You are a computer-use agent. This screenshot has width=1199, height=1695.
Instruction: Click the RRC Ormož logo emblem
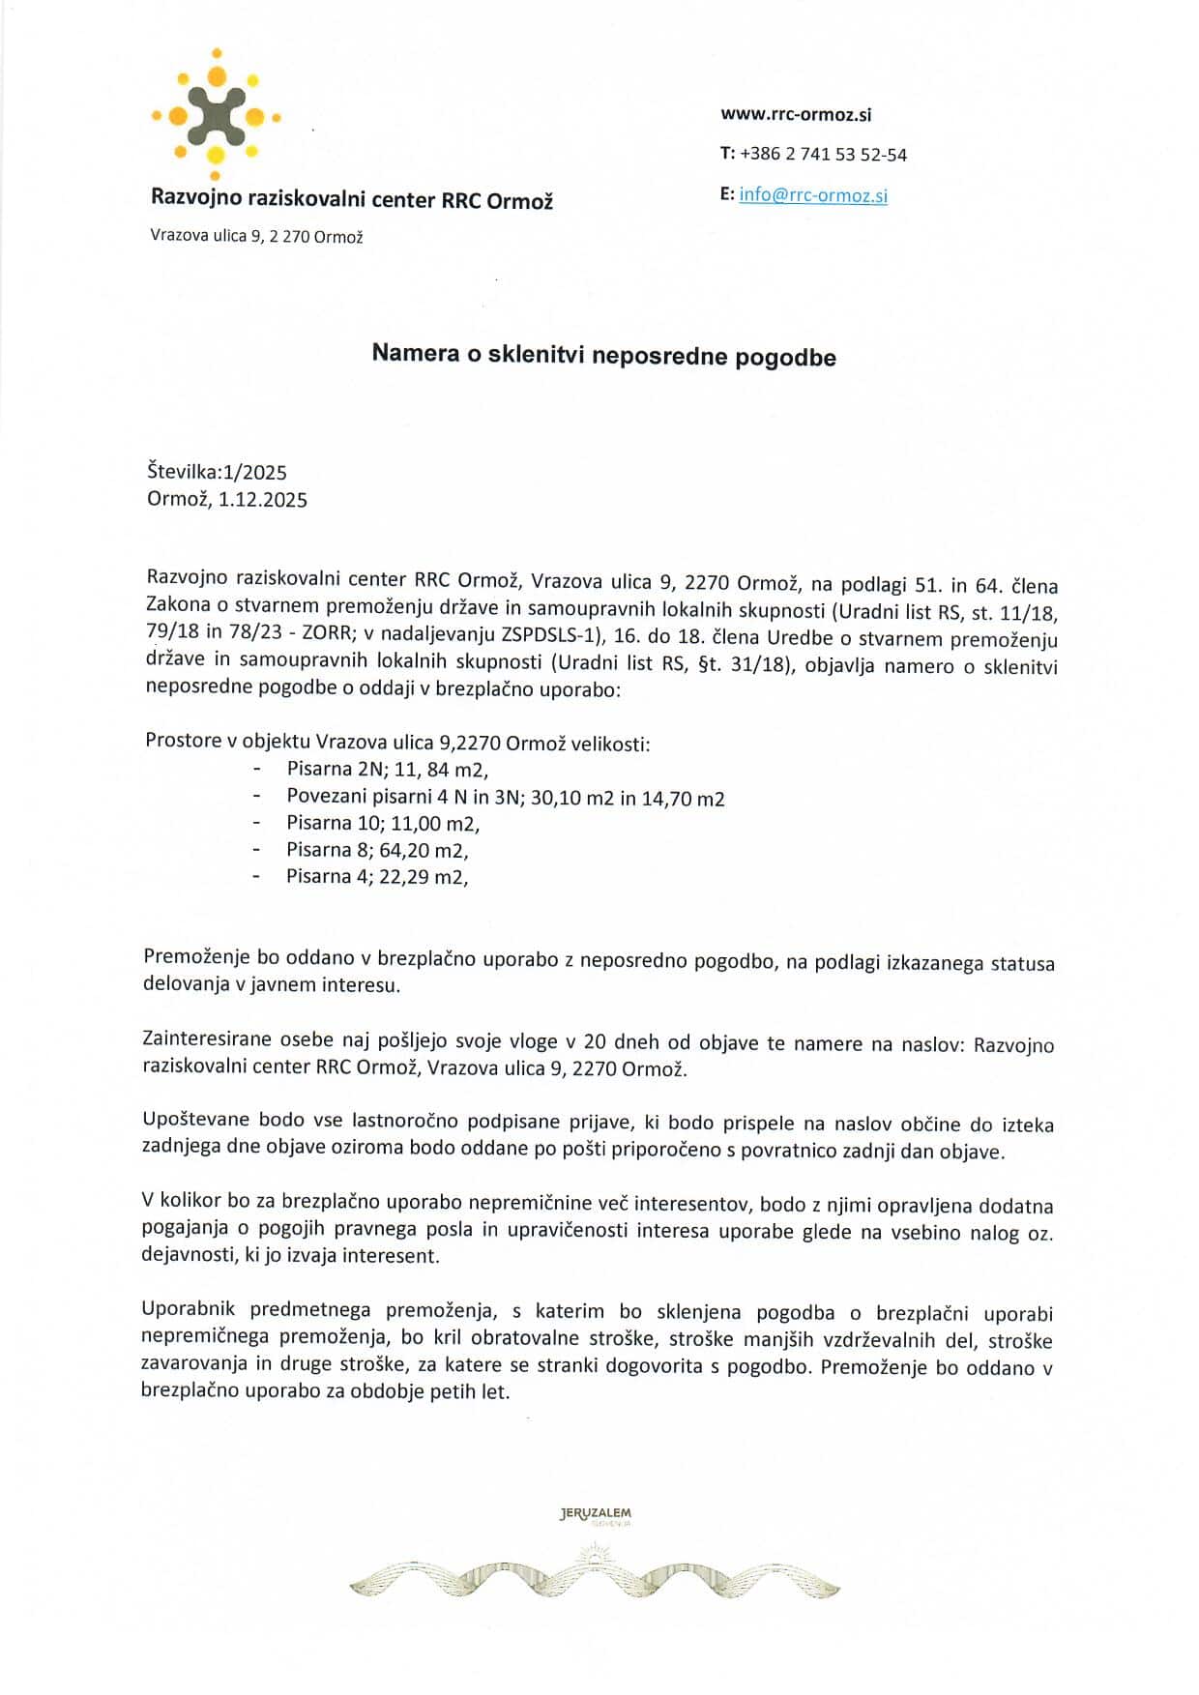click(216, 115)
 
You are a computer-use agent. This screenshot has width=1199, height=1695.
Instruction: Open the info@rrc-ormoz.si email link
click(813, 195)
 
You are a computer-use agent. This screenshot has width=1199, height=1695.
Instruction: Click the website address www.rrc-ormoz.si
click(796, 114)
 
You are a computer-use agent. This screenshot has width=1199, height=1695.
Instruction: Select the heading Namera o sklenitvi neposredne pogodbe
click(603, 355)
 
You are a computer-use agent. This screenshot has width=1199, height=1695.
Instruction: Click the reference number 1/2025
click(254, 472)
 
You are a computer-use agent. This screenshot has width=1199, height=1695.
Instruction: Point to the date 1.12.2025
click(263, 499)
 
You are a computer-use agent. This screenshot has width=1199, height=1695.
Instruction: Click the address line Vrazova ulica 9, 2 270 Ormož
click(256, 236)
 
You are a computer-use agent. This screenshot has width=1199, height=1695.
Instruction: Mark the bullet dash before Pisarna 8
click(256, 851)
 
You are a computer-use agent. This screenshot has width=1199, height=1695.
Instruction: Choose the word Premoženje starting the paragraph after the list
click(196, 958)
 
